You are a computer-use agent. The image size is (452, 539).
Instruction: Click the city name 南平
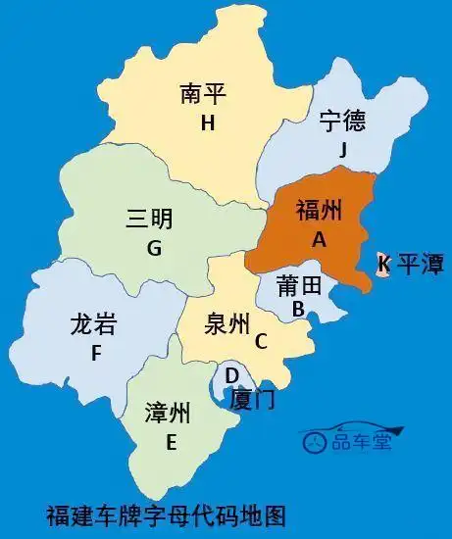(x=204, y=93)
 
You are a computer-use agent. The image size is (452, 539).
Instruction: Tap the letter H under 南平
(x=207, y=122)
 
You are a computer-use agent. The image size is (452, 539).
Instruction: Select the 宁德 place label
(x=342, y=121)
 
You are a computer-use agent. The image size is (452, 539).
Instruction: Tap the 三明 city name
(x=149, y=219)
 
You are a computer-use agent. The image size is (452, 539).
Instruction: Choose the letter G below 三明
(x=154, y=248)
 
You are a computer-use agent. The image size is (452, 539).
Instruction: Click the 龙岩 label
(x=94, y=323)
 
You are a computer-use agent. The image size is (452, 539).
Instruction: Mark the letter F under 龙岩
(x=96, y=354)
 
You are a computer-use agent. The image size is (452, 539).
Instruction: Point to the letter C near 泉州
(x=261, y=341)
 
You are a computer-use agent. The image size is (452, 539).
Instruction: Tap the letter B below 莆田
(x=298, y=310)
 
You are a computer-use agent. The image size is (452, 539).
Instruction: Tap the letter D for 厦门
(x=231, y=375)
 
